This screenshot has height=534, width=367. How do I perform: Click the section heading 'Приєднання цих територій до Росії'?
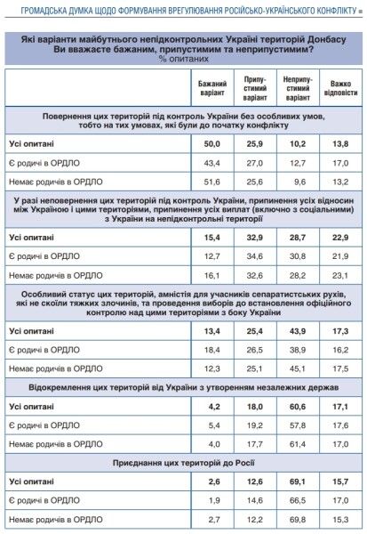183,462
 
